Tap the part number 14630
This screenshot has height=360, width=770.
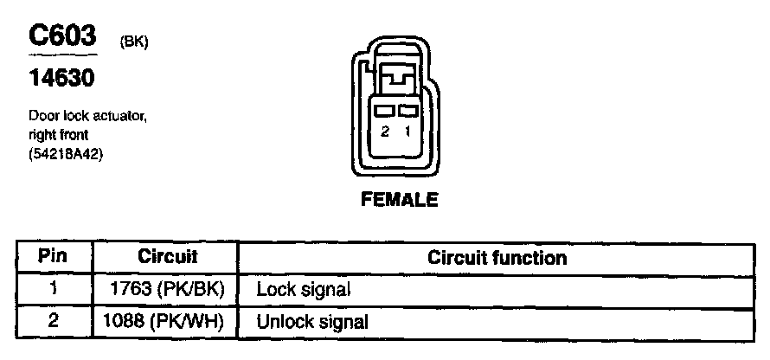61,80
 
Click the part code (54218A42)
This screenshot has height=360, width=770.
67,155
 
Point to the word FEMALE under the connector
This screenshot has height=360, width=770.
399,201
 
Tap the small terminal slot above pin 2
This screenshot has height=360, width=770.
386,112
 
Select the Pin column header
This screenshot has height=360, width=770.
54,258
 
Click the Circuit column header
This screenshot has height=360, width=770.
167,258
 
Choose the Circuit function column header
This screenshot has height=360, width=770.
497,258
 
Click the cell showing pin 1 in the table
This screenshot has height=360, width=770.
54,290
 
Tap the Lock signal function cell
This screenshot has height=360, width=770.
303,290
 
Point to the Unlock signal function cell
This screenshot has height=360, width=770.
312,322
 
